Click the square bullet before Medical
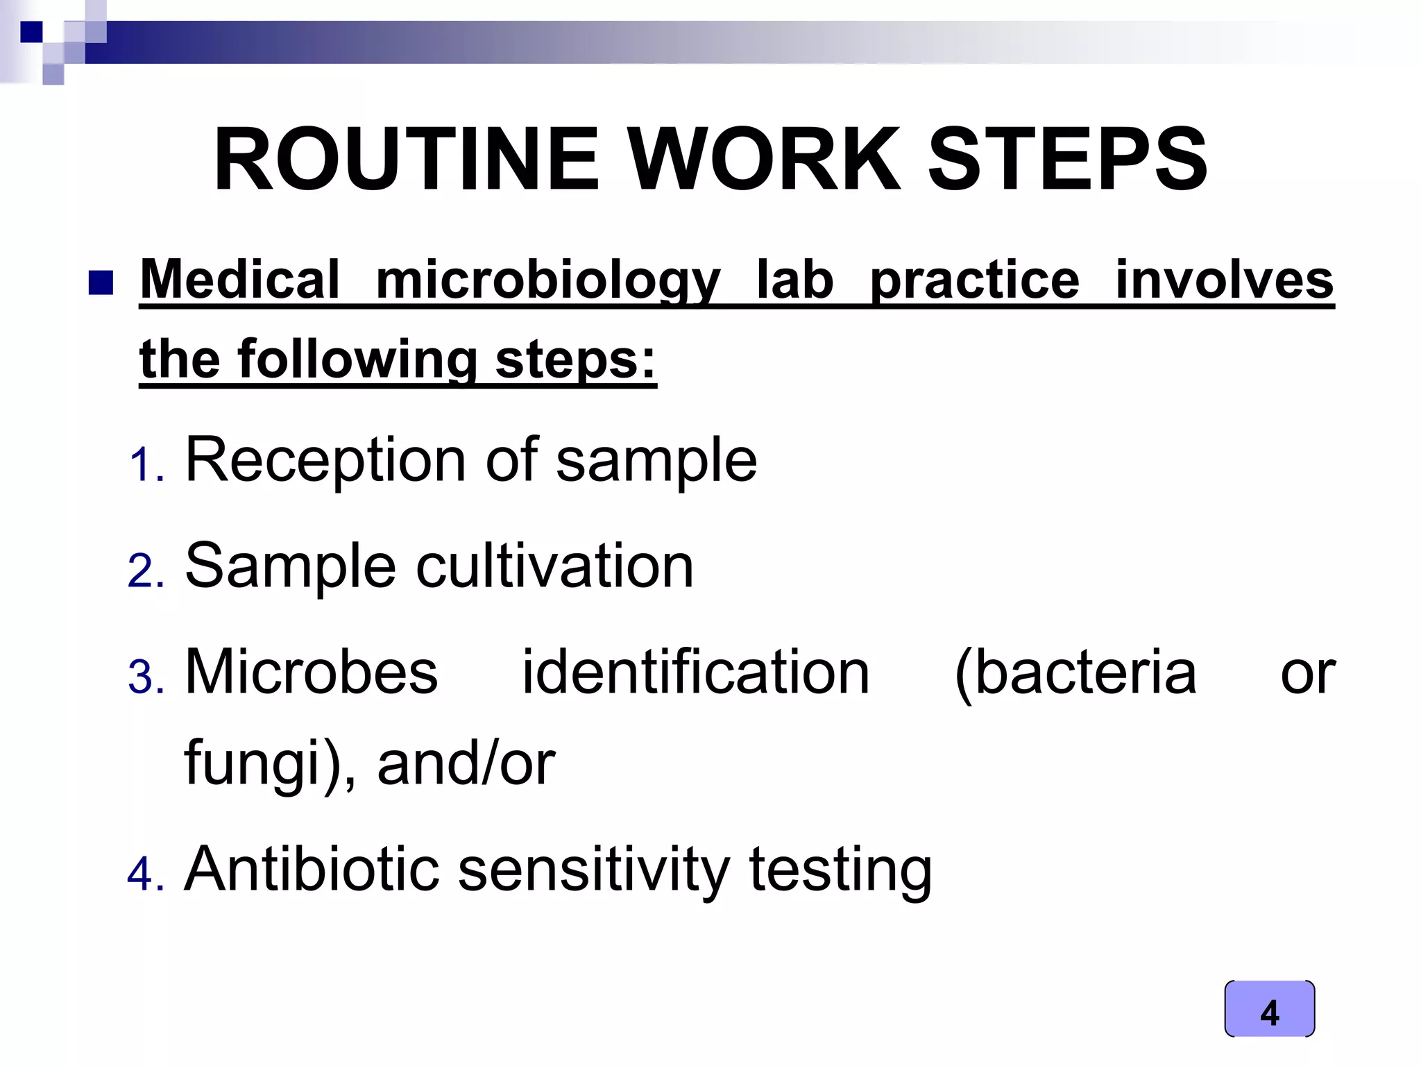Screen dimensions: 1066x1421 [x=101, y=283]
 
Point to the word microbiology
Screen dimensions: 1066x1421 [x=548, y=281]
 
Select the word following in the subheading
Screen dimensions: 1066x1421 [x=358, y=359]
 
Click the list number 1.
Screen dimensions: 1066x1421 [x=146, y=465]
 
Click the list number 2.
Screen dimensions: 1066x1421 [x=146, y=572]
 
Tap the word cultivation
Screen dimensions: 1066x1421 [x=554, y=566]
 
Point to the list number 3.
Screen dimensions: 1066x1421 [x=146, y=677]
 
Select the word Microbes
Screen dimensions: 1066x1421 [x=312, y=672]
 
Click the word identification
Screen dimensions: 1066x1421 [x=695, y=672]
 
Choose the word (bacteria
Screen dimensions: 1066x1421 [x=1075, y=672]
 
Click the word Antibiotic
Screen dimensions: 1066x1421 [x=312, y=869]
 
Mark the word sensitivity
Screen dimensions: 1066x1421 [x=594, y=870]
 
